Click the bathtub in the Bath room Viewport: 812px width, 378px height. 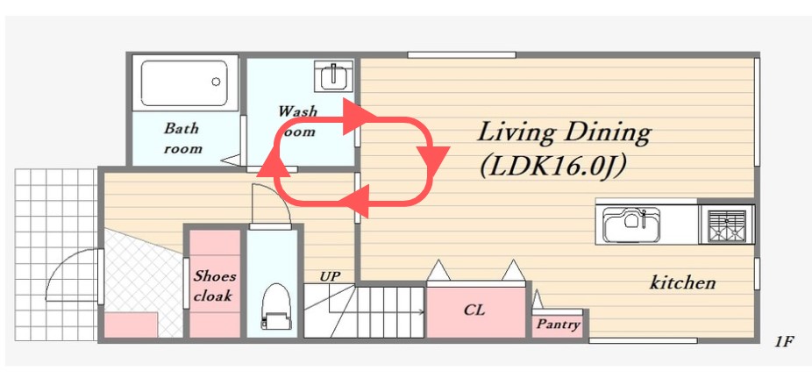point(184,82)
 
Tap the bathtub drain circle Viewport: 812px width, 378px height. point(216,82)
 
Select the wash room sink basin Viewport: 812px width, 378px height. point(334,76)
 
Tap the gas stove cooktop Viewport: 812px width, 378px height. point(726,225)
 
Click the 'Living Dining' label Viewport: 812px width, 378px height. point(563,132)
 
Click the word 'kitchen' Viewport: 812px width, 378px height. point(682,282)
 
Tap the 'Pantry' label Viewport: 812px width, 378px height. point(558,325)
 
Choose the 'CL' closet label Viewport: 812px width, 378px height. point(474,310)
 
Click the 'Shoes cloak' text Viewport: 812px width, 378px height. point(214,286)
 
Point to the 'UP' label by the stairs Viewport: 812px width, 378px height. point(330,276)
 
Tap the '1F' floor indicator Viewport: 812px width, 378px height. point(784,342)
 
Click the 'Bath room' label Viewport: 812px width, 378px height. point(182,139)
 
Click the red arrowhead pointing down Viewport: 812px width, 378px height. point(431,161)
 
